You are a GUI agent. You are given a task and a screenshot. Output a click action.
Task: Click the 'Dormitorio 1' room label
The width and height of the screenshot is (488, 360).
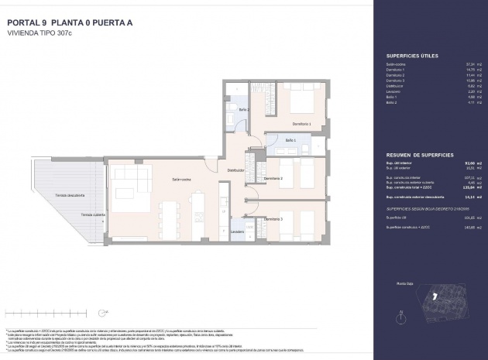click(x=301, y=124)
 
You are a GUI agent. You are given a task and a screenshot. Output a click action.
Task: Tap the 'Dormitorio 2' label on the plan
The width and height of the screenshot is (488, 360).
click(x=273, y=179)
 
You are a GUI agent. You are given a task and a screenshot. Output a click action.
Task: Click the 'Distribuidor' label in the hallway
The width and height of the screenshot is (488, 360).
click(x=236, y=170)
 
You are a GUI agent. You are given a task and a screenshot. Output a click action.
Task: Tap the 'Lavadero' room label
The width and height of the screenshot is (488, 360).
click(x=237, y=231)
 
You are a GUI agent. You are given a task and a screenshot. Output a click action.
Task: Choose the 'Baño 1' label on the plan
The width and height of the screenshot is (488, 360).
click(x=290, y=139)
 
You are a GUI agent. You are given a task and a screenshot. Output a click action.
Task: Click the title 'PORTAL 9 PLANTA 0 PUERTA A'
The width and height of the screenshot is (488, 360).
click(x=69, y=23)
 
